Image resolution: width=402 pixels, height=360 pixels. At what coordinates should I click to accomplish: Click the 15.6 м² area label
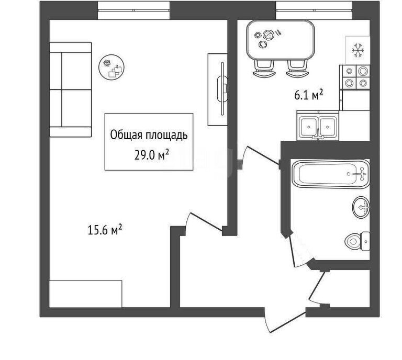[105, 229]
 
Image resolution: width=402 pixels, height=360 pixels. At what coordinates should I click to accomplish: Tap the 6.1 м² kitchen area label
[308, 95]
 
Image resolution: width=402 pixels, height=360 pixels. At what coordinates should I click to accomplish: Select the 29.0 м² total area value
[151, 154]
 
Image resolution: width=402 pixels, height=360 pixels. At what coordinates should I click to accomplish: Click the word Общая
[126, 135]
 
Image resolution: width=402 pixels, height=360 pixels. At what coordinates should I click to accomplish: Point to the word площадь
[166, 135]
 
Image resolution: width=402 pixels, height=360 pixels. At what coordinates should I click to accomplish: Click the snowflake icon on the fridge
[358, 50]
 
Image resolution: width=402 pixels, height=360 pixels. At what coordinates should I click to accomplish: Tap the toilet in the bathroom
[358, 241]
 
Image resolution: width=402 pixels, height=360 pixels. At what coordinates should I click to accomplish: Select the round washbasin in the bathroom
[361, 207]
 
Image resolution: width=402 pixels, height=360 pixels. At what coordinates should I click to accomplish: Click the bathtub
[331, 174]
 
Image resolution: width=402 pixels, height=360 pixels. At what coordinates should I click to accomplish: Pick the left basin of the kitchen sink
[309, 127]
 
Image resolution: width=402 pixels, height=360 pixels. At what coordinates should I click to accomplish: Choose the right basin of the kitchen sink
[327, 127]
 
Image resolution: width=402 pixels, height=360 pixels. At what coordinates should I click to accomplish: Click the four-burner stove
[355, 77]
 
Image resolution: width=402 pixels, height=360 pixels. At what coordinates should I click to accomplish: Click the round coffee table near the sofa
[111, 66]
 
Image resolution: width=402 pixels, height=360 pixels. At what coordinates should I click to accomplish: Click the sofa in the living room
[71, 89]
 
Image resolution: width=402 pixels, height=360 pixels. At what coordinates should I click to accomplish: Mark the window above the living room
[134, 10]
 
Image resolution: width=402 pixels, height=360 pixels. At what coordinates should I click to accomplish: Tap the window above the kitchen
[314, 10]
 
